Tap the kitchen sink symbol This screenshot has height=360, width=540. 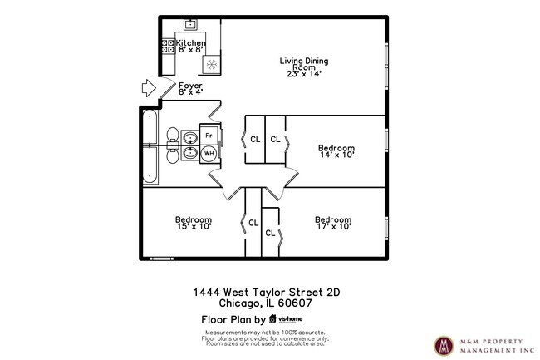[190, 23]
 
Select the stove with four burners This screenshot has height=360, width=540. [166, 47]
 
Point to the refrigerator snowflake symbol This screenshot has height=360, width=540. [212, 64]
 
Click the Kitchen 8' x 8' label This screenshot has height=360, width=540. [190, 47]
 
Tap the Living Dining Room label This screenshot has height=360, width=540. [300, 67]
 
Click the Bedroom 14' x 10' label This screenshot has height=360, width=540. [336, 153]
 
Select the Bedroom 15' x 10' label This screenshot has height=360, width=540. [194, 224]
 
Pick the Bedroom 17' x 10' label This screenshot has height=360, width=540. [333, 224]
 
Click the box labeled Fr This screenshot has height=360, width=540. [209, 135]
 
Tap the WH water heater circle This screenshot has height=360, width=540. [209, 154]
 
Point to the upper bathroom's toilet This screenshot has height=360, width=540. [173, 136]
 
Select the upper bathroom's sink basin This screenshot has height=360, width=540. [190, 138]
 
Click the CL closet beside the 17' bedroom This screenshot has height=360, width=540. [271, 234]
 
